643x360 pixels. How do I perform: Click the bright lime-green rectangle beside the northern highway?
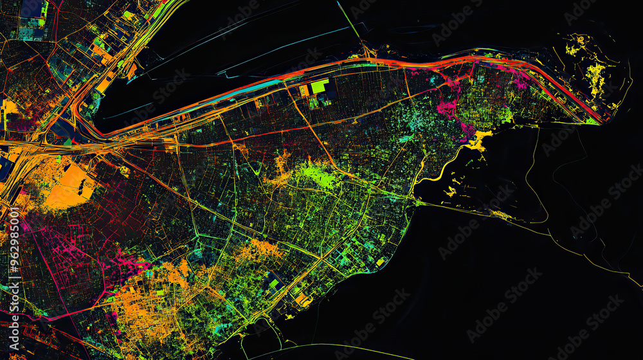[x=319, y=86]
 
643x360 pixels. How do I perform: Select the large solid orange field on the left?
[x=69, y=186]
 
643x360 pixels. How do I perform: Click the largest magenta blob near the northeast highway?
[x=447, y=107]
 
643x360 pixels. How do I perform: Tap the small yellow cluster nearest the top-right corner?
[x=574, y=46]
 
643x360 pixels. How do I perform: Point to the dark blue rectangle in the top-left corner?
[x=31, y=9]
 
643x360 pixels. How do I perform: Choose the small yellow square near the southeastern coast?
[x=379, y=262]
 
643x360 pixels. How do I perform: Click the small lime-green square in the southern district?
[x=274, y=283]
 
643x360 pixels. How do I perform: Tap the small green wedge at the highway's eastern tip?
[x=592, y=121]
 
